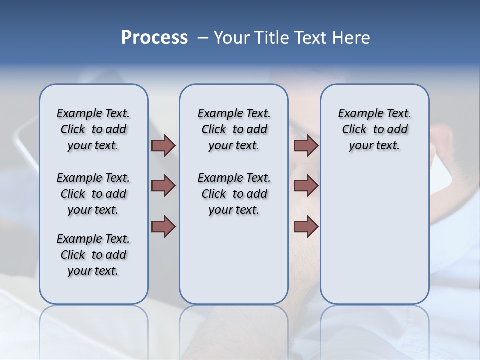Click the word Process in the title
click(x=154, y=38)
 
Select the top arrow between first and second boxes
click(x=163, y=146)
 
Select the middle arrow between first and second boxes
click(x=163, y=186)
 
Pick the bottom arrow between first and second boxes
click(x=163, y=226)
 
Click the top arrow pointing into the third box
click(x=306, y=146)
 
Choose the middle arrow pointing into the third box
click(x=306, y=186)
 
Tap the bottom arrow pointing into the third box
click(x=306, y=226)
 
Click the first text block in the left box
click(x=93, y=129)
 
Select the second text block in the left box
click(x=93, y=194)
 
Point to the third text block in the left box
click(x=93, y=255)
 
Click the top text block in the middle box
click(x=234, y=129)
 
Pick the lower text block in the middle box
click(x=234, y=194)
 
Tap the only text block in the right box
click(x=374, y=129)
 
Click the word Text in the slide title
click(x=311, y=38)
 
